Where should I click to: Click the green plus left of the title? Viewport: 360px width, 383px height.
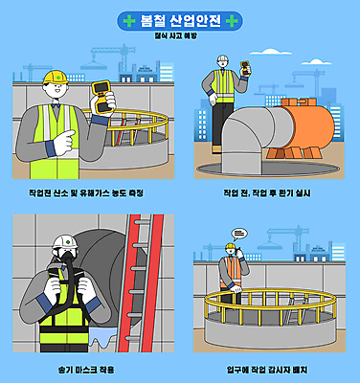127,19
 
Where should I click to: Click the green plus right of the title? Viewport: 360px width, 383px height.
235,19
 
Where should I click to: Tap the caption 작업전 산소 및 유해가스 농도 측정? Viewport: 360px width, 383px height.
88,192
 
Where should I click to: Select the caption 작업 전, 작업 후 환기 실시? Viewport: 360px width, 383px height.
267,192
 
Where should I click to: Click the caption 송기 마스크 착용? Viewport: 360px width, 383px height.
87,368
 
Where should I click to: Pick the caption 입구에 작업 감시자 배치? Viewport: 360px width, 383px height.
267,368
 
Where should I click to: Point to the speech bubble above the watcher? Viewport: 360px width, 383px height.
239,233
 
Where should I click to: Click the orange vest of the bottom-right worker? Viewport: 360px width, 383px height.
231,271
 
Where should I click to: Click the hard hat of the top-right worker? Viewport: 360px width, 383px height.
222,59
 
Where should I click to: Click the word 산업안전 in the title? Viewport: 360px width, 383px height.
196,19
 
